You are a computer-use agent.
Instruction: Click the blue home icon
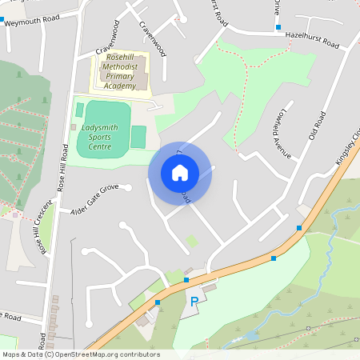click(x=180, y=172)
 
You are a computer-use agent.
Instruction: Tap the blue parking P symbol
click(x=194, y=302)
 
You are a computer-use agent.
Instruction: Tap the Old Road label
click(x=318, y=126)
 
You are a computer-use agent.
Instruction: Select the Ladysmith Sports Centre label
click(x=106, y=127)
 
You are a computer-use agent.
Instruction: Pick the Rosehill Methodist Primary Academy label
click(x=121, y=73)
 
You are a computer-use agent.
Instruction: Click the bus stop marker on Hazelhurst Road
click(x=278, y=28)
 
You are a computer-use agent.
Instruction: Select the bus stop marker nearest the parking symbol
click(x=186, y=280)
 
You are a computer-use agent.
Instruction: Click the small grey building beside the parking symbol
click(x=209, y=287)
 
